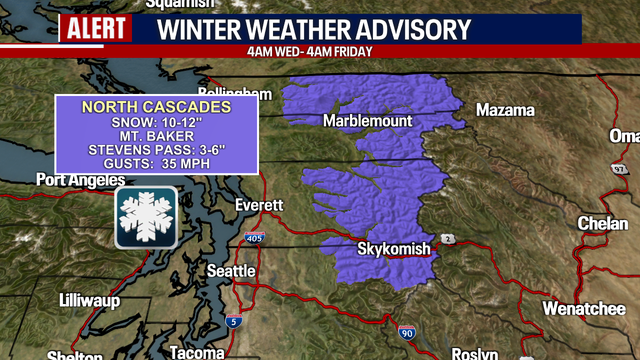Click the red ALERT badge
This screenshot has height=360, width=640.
96,27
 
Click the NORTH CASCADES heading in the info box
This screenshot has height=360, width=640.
155,106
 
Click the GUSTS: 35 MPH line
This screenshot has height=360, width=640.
155,167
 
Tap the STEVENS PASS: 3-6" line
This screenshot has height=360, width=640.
155,152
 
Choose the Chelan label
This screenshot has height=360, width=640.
603,224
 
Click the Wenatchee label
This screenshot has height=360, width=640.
583,309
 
